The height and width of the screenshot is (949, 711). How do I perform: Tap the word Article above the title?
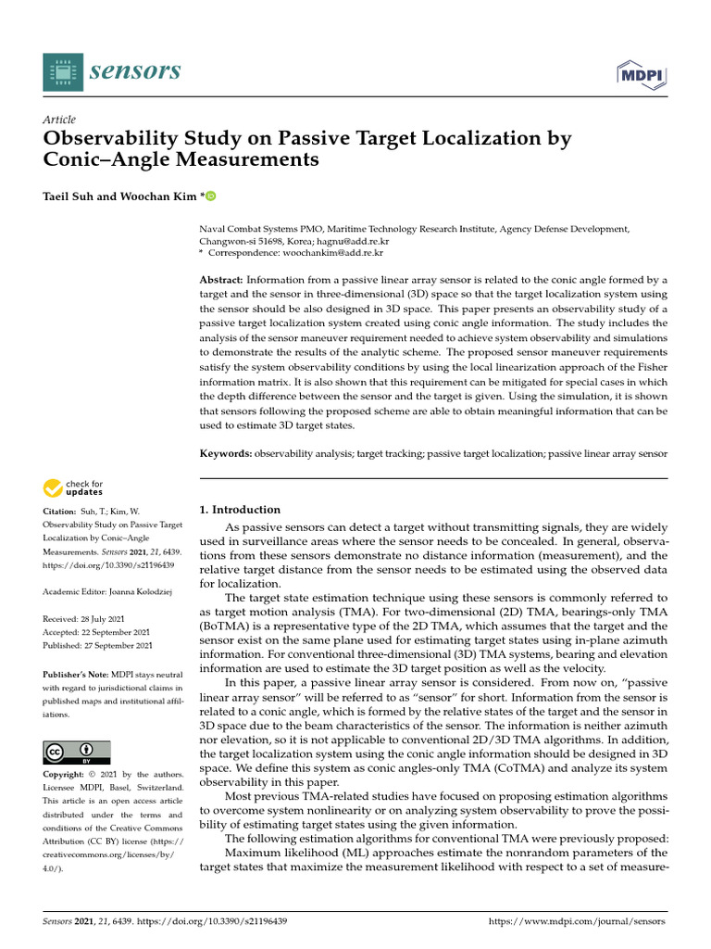59,120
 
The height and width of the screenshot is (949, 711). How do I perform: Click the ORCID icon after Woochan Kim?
210,196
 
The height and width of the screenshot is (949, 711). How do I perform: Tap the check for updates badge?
73,487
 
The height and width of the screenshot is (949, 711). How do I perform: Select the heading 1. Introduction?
240,510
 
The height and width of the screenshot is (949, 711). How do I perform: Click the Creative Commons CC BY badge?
77,752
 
